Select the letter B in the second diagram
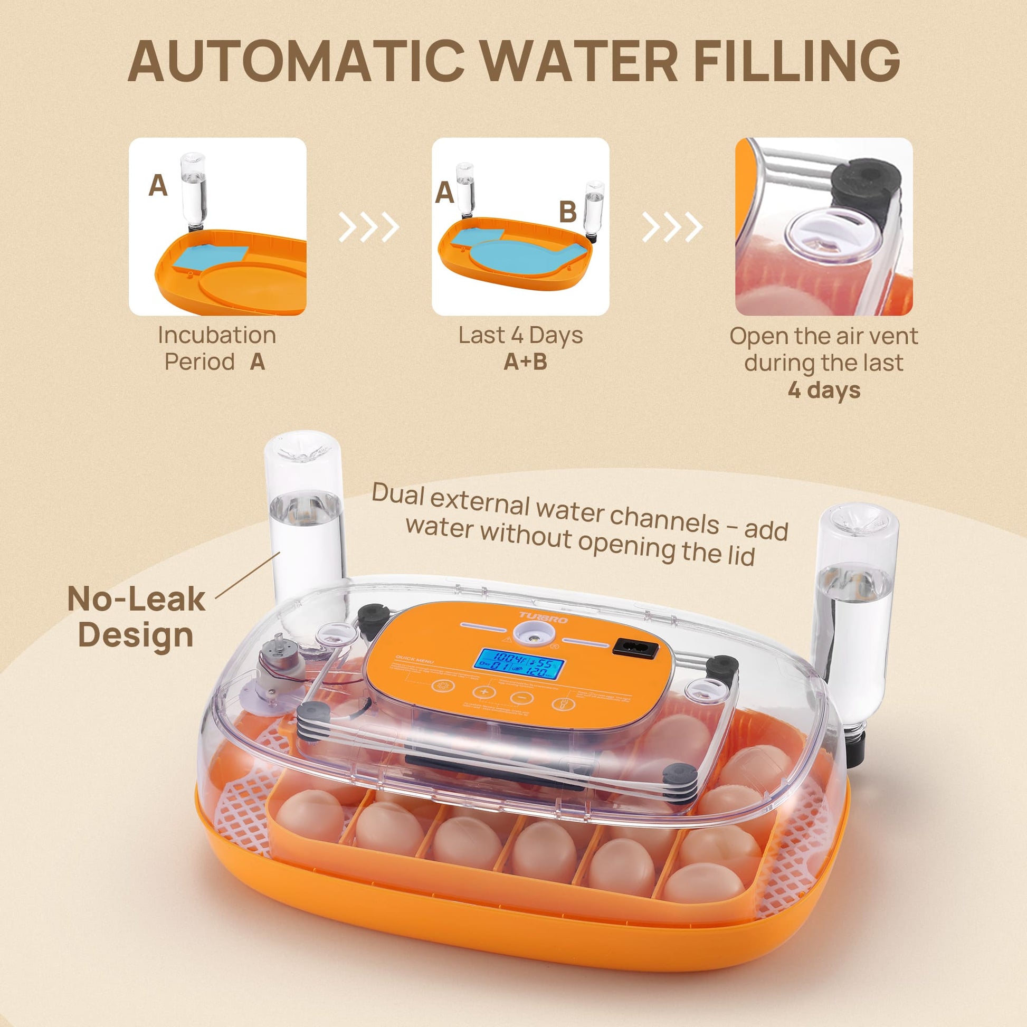(x=568, y=212)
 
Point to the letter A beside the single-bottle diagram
(x=158, y=186)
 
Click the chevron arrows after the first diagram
(x=369, y=227)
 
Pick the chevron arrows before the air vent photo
(x=672, y=227)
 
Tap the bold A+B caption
(x=525, y=362)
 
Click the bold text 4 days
(x=823, y=389)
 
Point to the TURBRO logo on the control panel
(x=543, y=617)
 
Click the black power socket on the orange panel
(x=636, y=649)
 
